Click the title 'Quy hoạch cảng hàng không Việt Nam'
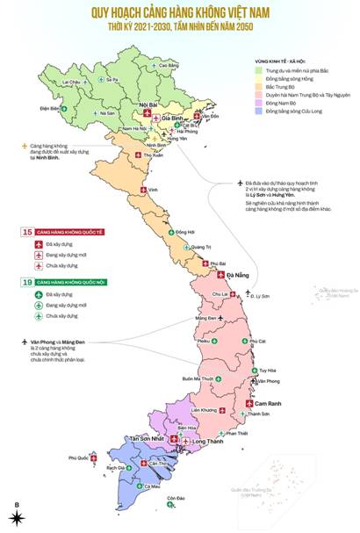click(180, 14)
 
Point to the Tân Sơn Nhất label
click(147, 438)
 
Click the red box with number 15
click(27, 233)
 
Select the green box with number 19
click(27, 282)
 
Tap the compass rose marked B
click(17, 513)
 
